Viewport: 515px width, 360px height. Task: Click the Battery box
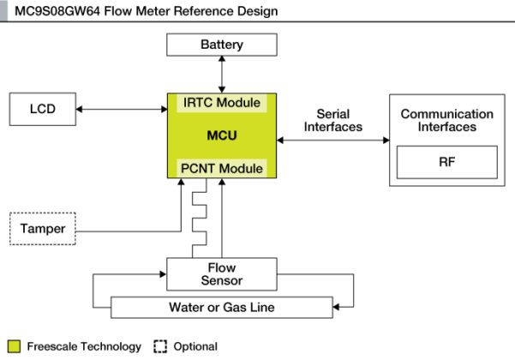tap(221, 45)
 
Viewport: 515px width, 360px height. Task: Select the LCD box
tap(42, 109)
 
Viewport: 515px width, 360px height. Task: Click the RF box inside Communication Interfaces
tap(446, 161)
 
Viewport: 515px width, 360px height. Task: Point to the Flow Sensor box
tap(221, 274)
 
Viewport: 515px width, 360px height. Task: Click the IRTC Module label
tap(221, 103)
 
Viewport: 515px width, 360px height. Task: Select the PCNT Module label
tap(221, 168)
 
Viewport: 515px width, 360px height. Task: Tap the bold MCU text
tap(221, 135)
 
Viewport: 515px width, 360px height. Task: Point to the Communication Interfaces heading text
tap(446, 120)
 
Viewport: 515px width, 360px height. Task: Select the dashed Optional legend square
tap(159, 346)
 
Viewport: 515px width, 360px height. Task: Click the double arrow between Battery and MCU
tap(221, 75)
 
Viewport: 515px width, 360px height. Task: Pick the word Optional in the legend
tap(195, 346)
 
